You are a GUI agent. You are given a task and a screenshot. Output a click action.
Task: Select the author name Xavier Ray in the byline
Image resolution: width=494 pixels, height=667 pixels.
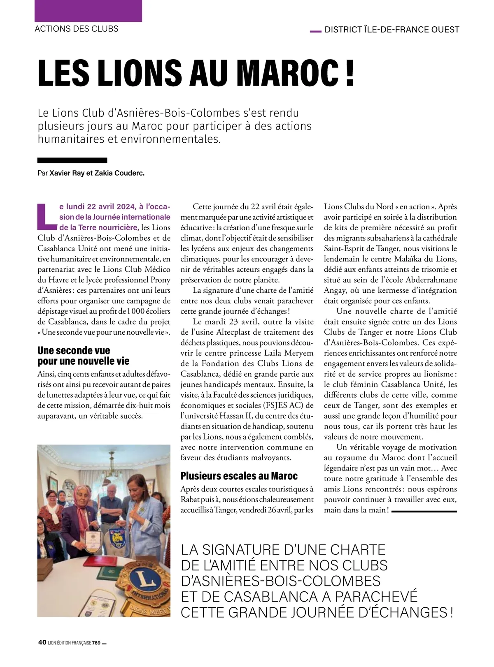[67, 173]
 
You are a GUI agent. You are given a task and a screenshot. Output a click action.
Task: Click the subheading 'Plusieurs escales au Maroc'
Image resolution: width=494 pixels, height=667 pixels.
[239, 476]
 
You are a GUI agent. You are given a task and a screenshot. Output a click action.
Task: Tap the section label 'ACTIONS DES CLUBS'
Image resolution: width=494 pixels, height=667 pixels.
[77, 29]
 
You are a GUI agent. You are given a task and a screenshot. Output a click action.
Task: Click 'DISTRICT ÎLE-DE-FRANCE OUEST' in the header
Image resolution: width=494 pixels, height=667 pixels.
[391, 30]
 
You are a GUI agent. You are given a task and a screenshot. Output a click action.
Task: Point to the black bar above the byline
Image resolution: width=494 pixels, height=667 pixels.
[72, 160]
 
